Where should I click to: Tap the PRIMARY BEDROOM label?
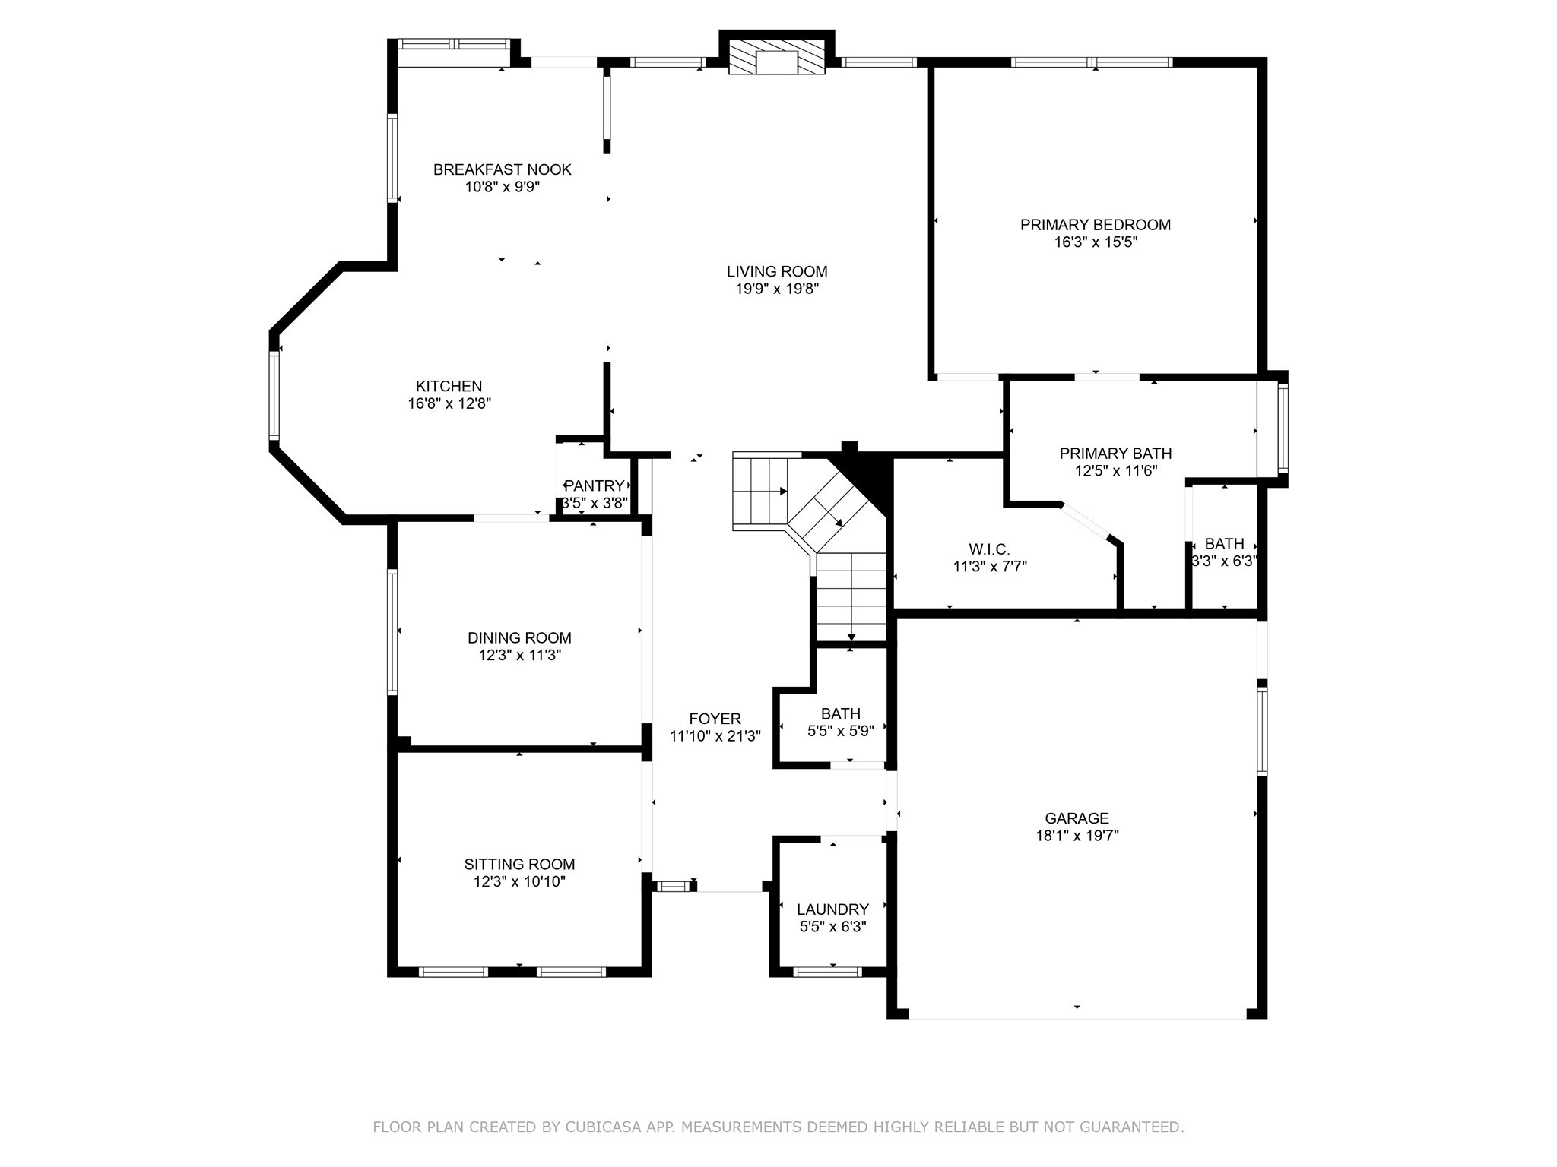tap(1095, 225)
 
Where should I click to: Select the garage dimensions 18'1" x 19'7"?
tap(1077, 836)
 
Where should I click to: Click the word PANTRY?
tap(594, 485)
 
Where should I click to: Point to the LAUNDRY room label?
tap(832, 909)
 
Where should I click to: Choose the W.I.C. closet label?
tap(989, 549)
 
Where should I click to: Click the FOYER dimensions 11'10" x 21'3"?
tap(715, 736)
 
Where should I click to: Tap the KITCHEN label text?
tap(449, 386)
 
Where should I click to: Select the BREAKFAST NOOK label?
tap(502, 169)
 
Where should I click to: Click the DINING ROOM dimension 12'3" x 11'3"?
tap(519, 656)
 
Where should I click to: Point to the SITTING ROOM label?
tap(519, 864)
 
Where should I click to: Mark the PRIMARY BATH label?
tap(1115, 454)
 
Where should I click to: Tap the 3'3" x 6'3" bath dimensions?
tap(1224, 561)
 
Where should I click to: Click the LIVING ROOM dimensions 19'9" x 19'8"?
tap(776, 289)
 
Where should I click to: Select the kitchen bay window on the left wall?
tap(274, 395)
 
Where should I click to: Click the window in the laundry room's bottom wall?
tap(827, 972)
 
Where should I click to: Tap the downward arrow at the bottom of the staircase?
tap(851, 637)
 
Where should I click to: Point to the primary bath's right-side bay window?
tap(1283, 428)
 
